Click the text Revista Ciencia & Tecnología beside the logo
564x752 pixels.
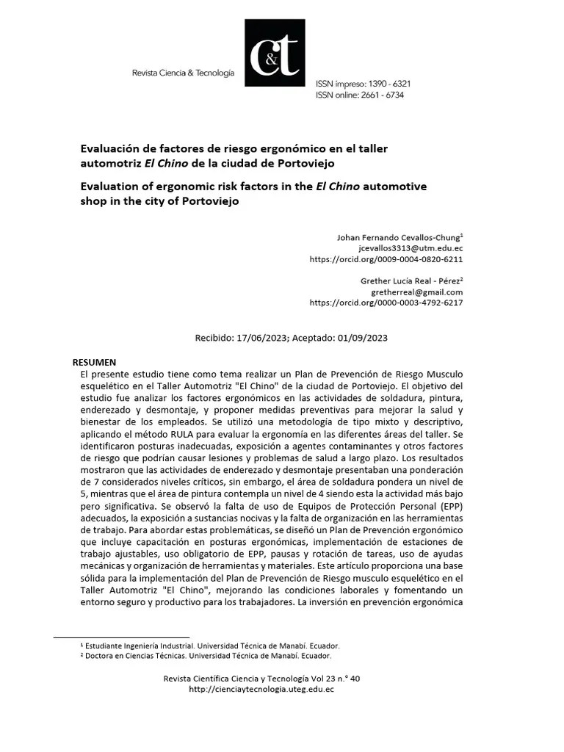tap(183, 73)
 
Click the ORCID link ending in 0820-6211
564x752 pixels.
tap(386, 259)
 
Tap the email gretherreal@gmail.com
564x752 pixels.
tap(416, 292)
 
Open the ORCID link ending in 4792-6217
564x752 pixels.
tap(386, 303)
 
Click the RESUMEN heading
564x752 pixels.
tap(94, 363)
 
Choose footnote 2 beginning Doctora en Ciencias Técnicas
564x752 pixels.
tap(206, 656)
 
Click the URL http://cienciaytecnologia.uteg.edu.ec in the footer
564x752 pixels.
tap(261, 690)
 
